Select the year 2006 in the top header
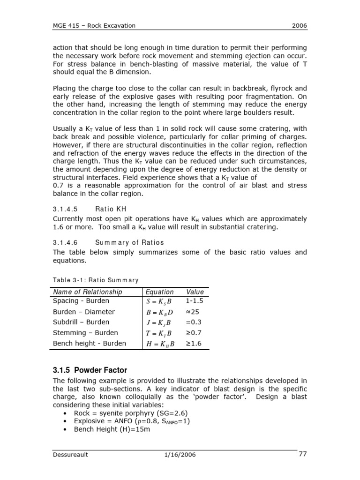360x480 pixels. pyautogui.click(x=299, y=25)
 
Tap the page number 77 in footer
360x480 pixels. pyautogui.click(x=302, y=453)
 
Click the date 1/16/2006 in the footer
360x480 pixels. pyautogui.click(x=180, y=454)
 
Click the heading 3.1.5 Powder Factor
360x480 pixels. pyautogui.click(x=90, y=370)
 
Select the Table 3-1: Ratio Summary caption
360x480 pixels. pyautogui.click(x=96, y=280)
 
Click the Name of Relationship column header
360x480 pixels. pyautogui.click(x=88, y=292)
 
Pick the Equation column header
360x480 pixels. pyautogui.click(x=159, y=292)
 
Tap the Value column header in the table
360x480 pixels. pyautogui.click(x=195, y=292)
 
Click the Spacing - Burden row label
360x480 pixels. pyautogui.click(x=81, y=301)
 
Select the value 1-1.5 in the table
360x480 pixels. pyautogui.click(x=195, y=301)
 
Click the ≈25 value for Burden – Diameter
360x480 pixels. pyautogui.click(x=193, y=312)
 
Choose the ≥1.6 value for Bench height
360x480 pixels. pyautogui.click(x=193, y=344)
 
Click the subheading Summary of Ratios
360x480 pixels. pyautogui.click(x=129, y=242)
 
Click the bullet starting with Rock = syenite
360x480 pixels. pyautogui.click(x=127, y=412)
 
